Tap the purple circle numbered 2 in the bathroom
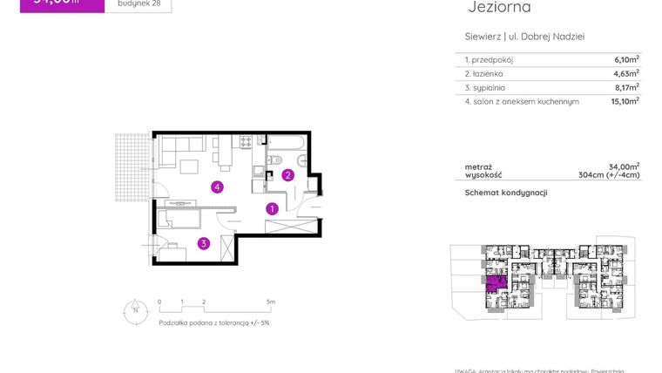coord(287,175)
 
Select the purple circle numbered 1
coord(272,209)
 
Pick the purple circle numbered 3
coord(203,244)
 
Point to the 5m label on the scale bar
coord(271,302)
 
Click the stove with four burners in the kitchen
coord(246,140)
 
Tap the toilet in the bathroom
coord(274,159)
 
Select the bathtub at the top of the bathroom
coord(287,141)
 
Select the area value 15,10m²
coord(625,101)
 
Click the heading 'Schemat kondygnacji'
coord(505,193)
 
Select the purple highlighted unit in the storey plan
coord(496,282)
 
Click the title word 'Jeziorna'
coord(499,8)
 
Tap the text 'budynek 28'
coord(138,3)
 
